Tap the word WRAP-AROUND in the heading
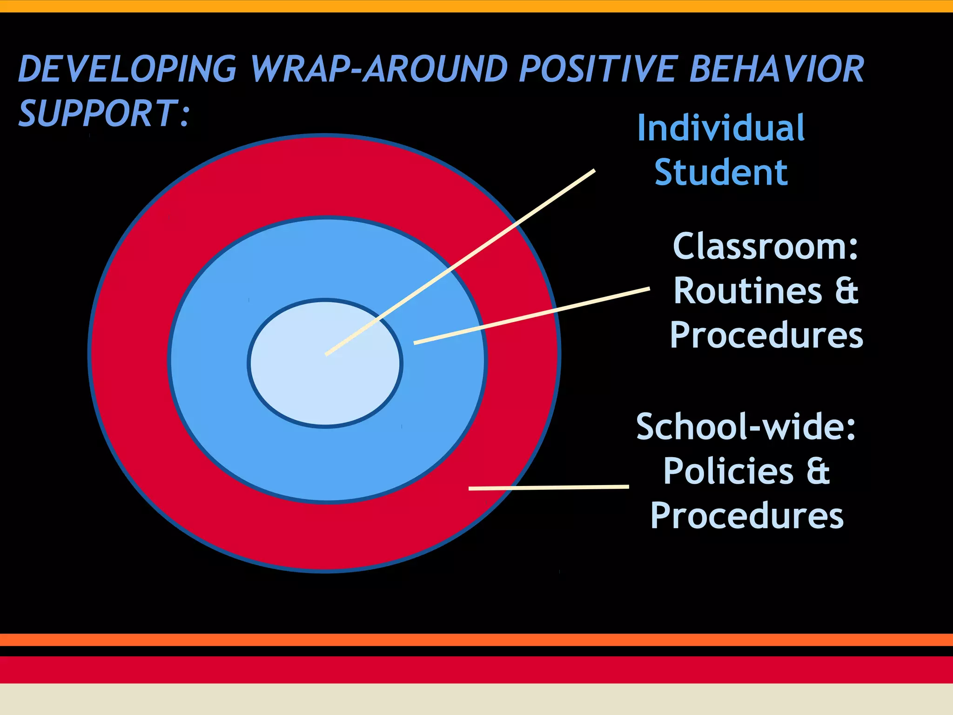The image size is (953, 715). (x=378, y=69)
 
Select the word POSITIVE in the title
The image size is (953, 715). (x=597, y=69)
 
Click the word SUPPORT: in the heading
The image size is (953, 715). (x=104, y=114)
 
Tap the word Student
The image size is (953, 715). (x=721, y=173)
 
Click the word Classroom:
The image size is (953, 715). (x=765, y=246)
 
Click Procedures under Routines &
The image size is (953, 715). (x=766, y=335)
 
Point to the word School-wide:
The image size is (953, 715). (x=745, y=426)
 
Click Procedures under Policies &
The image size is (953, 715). (x=746, y=516)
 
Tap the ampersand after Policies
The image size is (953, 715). (x=818, y=471)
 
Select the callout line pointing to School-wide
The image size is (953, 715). (x=549, y=488)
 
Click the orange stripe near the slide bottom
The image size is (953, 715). (x=476, y=640)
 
